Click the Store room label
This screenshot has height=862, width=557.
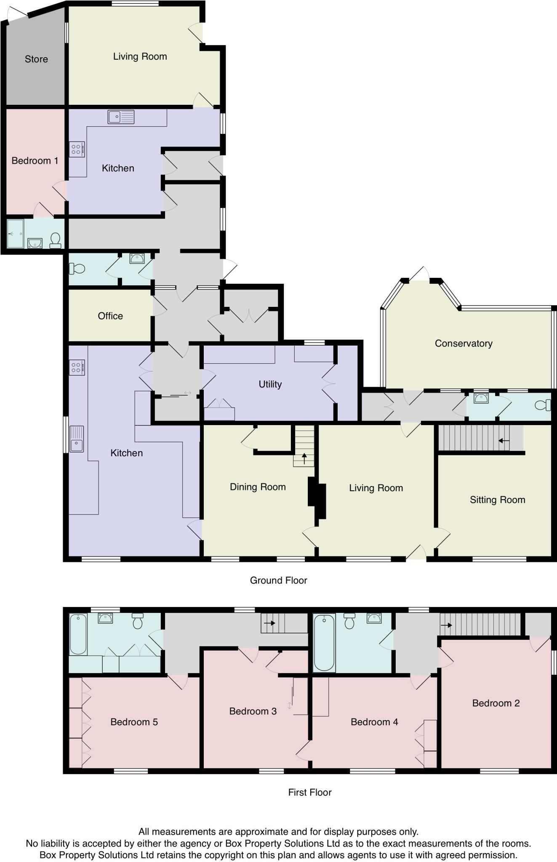pos(36,59)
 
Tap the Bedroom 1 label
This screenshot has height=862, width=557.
pos(35,160)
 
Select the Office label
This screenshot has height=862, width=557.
pos(110,316)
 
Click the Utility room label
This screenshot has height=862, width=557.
pos(270,384)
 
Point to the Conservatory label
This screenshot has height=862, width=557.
pos(464,343)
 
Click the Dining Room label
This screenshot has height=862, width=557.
pos(258,487)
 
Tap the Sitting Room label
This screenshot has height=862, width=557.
pos(497,500)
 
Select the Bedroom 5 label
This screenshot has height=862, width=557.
pos(134,722)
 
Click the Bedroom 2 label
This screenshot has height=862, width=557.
pos(496,703)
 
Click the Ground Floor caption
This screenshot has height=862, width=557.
pos(278,580)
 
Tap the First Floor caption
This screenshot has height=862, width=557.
pos(310,792)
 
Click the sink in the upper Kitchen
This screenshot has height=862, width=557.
pos(121,117)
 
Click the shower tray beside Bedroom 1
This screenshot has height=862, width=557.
pos(15,233)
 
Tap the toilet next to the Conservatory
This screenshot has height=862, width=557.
pos(544,405)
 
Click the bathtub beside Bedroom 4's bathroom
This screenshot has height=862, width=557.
pos(324,642)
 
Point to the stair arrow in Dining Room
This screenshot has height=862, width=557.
pos(304,458)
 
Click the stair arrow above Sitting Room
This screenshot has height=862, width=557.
pos(504,441)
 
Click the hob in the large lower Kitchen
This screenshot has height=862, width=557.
pos(77,367)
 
